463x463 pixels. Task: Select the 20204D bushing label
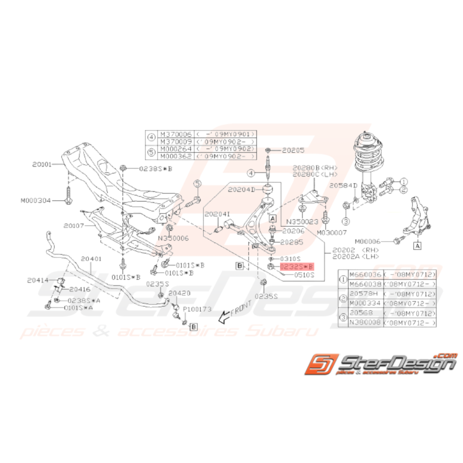point(242,189)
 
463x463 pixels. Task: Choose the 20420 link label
point(179,293)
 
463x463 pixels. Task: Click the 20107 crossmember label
point(75,225)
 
